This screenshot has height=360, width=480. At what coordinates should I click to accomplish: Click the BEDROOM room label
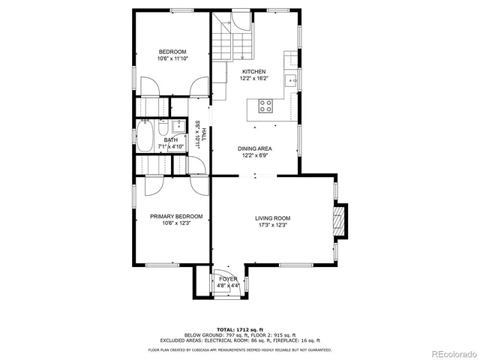tap(172, 52)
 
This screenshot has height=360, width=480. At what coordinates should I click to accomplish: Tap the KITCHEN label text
tap(253, 71)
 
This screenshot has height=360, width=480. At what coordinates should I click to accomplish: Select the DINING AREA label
tap(255, 148)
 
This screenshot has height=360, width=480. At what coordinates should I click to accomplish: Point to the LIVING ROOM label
tap(273, 218)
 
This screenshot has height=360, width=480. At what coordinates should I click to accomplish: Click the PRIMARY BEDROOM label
tap(175, 216)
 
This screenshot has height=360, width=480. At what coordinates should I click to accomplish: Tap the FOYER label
tap(228, 279)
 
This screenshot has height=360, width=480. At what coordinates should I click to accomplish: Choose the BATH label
tap(171, 139)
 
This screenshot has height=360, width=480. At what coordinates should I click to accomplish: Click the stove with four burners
tap(266, 106)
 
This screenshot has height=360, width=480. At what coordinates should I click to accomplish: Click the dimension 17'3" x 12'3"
tap(273, 226)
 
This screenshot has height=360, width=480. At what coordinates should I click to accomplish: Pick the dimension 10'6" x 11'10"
tap(172, 59)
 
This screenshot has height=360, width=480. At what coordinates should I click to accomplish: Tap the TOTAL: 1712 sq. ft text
tap(239, 329)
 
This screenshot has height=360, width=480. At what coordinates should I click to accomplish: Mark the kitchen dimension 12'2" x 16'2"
tap(253, 79)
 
